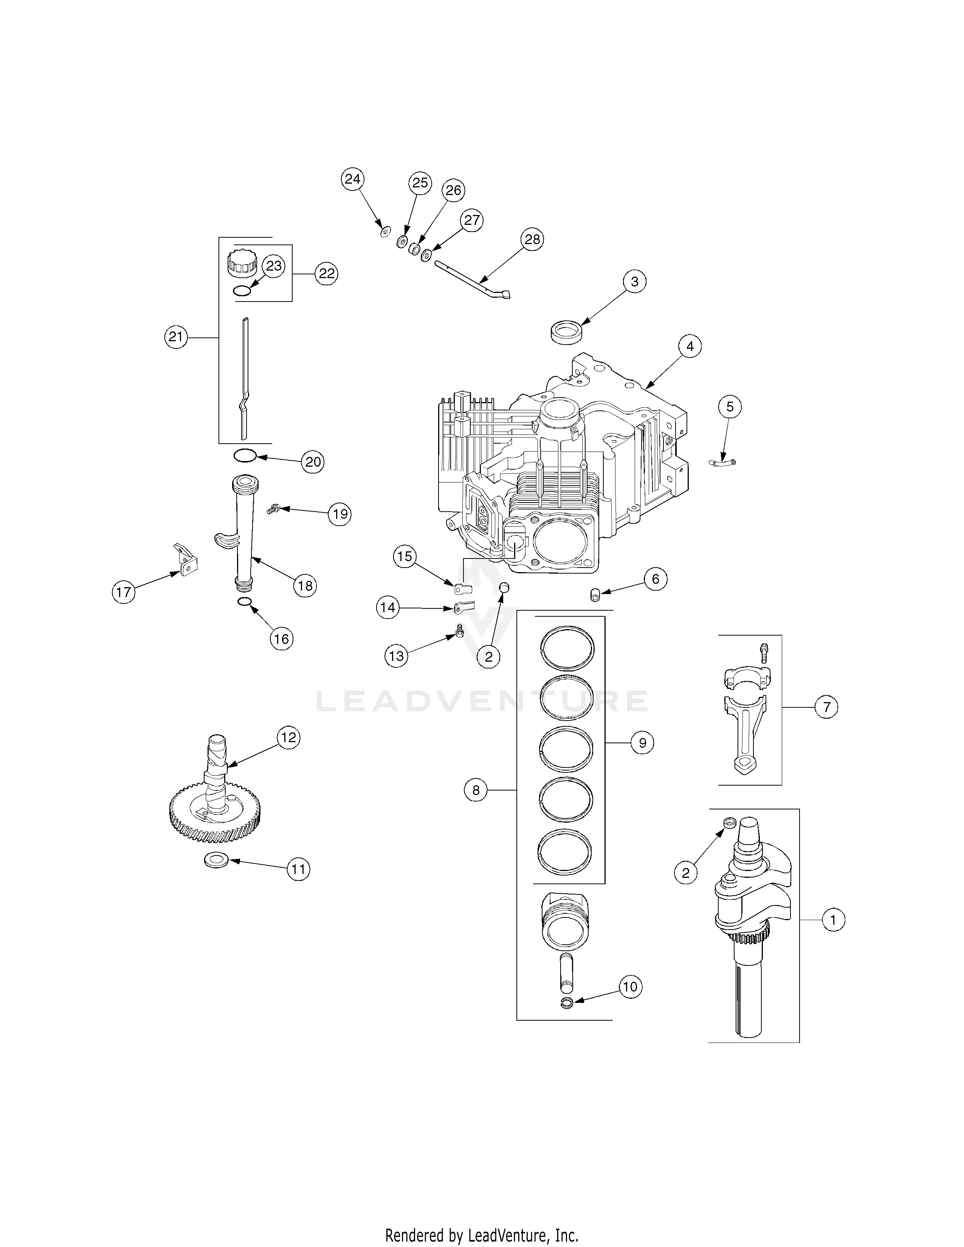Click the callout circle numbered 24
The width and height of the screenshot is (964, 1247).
pos(352,179)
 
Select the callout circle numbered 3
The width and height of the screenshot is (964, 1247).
pos(634,282)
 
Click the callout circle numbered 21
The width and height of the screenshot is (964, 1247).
pos(175,337)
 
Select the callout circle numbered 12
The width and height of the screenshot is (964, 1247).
pos(288,738)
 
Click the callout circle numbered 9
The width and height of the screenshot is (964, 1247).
pos(642,743)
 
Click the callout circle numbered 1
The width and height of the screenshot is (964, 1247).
pos(833,920)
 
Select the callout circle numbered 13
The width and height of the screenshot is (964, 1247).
pos(396,656)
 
